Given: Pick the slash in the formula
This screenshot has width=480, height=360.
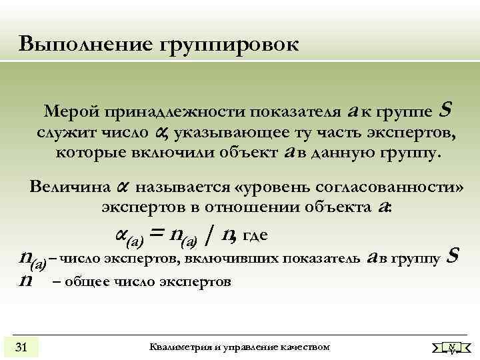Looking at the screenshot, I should pos(210,235).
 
